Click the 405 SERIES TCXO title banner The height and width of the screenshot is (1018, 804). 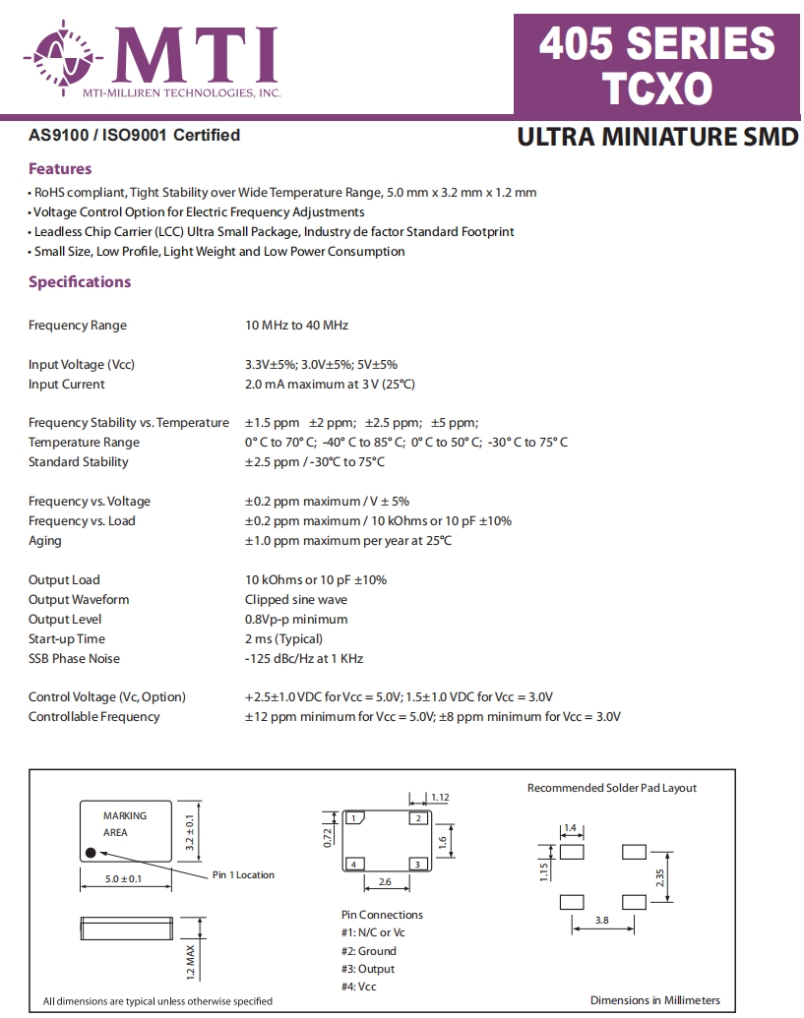[x=657, y=64]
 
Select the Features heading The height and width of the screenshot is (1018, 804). [x=60, y=169]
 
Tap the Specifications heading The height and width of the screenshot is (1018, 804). [x=80, y=282]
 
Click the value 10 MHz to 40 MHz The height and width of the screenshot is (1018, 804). [x=296, y=326]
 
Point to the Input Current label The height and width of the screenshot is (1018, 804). [x=67, y=385]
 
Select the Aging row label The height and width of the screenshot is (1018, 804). [x=45, y=541]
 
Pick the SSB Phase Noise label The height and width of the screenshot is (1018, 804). [x=74, y=659]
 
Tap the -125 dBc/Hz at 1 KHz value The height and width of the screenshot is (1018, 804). [x=304, y=659]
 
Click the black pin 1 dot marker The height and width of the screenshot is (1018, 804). [x=91, y=853]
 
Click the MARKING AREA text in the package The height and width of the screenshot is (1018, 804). [x=124, y=824]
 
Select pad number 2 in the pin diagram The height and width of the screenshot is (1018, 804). [x=417, y=818]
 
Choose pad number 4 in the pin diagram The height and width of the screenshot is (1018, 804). [x=353, y=865]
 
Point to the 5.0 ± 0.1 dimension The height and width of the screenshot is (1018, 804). [x=123, y=878]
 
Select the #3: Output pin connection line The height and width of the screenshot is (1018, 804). [x=368, y=969]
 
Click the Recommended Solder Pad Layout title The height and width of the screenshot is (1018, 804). [x=611, y=788]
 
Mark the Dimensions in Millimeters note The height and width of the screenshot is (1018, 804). [x=654, y=1000]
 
